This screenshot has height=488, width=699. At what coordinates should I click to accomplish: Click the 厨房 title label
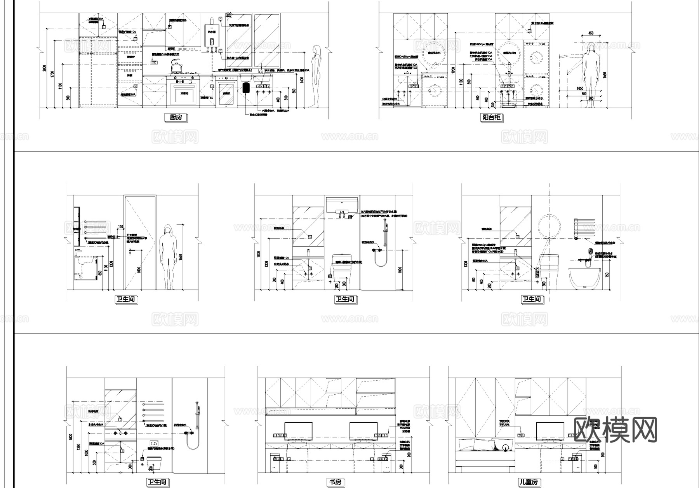[x=176, y=117]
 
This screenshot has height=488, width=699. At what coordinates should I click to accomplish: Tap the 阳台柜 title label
[x=491, y=117]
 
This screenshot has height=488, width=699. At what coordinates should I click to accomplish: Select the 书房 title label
[x=336, y=482]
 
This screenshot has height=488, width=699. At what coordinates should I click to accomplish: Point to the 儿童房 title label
[x=529, y=482]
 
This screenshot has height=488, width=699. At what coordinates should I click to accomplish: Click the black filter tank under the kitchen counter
[x=246, y=87]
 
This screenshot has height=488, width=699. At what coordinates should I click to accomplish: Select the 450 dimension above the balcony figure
[x=591, y=33]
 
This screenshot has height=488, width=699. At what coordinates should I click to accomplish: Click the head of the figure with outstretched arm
[x=591, y=48]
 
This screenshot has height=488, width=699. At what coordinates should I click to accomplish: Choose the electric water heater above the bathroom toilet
[x=342, y=206]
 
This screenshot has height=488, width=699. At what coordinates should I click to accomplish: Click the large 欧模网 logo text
[x=615, y=430]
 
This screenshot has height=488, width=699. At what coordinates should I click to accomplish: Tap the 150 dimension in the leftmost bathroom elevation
[x=120, y=227]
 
